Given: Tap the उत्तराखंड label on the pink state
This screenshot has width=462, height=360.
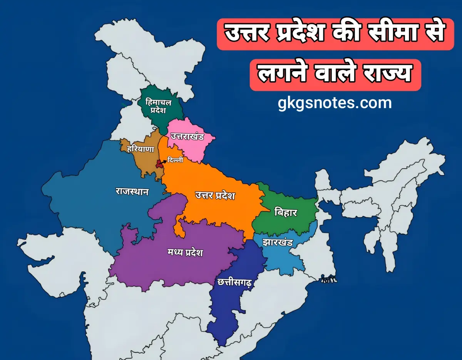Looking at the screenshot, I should pos(187,137).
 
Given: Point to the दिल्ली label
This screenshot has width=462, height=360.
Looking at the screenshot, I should pos(176,161).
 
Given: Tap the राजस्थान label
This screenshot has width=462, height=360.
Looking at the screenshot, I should pos(132,191).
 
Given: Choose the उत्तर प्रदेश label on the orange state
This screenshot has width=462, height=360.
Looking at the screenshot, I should pos(215,196).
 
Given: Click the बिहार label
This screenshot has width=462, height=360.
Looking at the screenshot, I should pos(286,212).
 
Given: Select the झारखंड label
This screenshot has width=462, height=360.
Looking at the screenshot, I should pos(278,243).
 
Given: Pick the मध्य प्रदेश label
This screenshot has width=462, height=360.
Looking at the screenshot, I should pos(185,253).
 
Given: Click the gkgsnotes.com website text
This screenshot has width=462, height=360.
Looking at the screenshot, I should pos(335,103).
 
